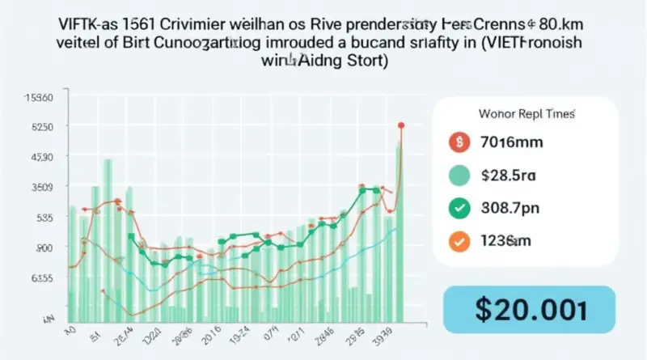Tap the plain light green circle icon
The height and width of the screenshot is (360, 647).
tap(459, 176)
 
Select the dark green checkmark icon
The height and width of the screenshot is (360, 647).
tap(459, 208)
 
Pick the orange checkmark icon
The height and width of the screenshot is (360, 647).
tap(459, 240)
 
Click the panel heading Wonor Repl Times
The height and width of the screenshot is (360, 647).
tap(507, 112)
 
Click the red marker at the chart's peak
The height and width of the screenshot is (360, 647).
tap(401, 125)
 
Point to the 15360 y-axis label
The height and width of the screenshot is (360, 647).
tap(39, 98)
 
